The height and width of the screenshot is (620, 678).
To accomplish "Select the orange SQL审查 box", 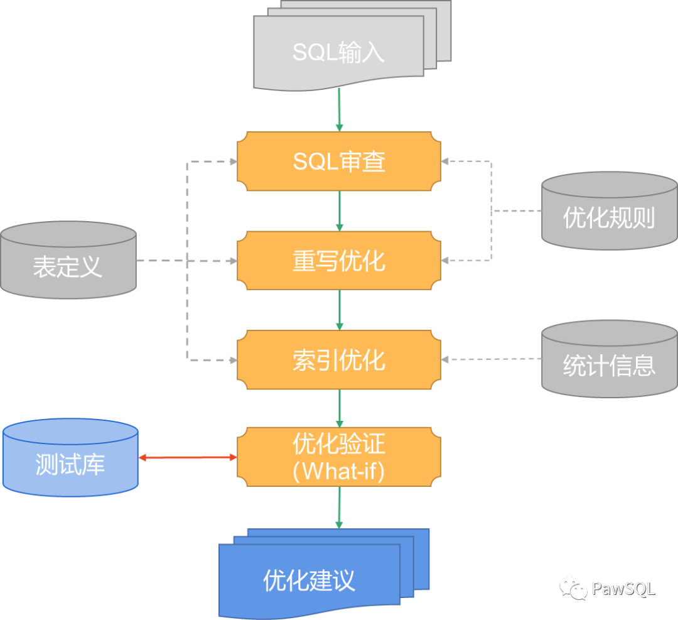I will (339, 161).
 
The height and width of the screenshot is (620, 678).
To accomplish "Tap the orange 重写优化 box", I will (339, 261).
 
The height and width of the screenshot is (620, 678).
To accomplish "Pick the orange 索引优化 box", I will (339, 360).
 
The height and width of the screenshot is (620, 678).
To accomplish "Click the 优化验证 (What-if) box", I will (339, 457).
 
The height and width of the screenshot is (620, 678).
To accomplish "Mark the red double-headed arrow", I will (188, 457).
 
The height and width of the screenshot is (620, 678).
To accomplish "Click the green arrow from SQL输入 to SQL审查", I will (339, 109).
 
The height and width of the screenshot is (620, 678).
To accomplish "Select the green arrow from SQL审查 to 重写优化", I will (339, 211).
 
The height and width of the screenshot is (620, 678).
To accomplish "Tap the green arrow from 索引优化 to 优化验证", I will (339, 408).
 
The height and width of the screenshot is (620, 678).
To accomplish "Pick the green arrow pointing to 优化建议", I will (339, 508).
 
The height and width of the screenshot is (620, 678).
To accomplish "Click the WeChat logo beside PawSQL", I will (574, 588).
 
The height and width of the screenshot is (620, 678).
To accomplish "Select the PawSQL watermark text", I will (623, 589).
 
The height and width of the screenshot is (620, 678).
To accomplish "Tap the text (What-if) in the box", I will (339, 471).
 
